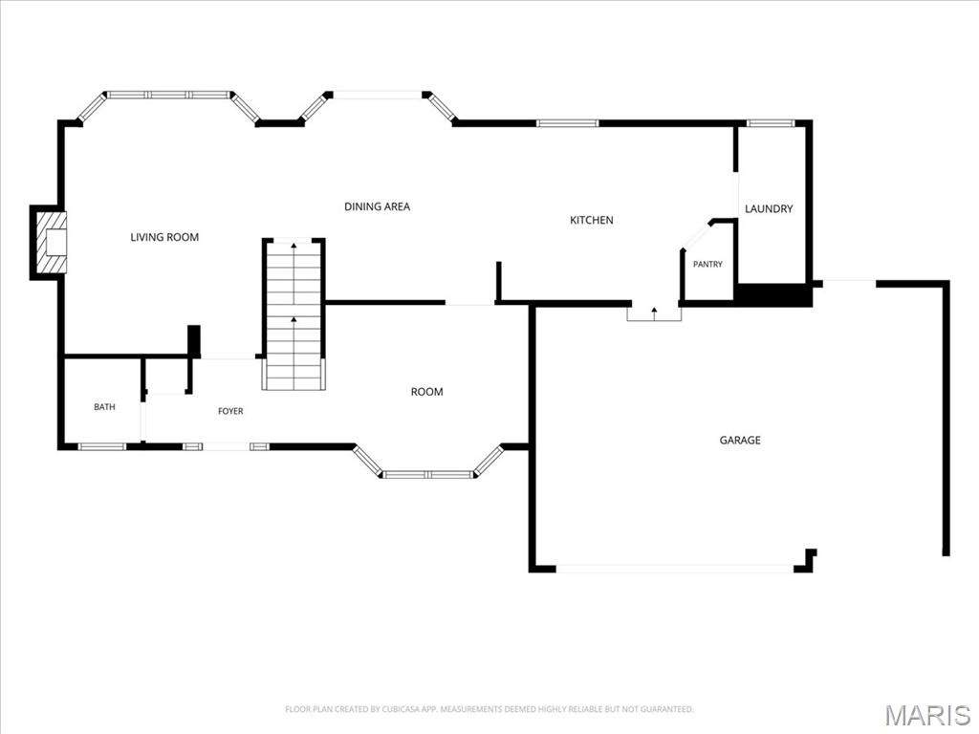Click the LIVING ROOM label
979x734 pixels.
click(x=164, y=237)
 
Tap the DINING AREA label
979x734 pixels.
click(x=377, y=206)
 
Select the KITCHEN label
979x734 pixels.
click(x=591, y=220)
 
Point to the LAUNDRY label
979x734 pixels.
click(x=769, y=208)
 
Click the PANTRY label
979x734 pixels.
click(x=707, y=264)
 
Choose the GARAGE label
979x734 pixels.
click(x=740, y=440)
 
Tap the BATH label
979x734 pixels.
click(x=104, y=407)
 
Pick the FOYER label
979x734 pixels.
click(x=230, y=411)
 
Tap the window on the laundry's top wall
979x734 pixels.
click(x=772, y=123)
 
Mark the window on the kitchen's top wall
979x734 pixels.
click(x=568, y=123)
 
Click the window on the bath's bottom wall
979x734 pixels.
click(x=101, y=446)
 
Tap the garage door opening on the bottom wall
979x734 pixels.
click(x=675, y=569)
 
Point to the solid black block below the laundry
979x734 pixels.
click(x=774, y=294)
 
